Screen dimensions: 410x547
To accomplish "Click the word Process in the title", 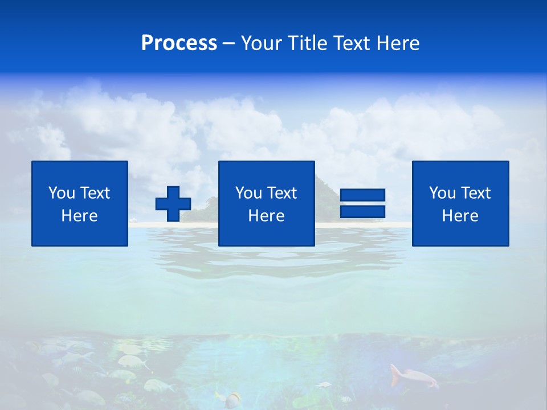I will click(179, 43).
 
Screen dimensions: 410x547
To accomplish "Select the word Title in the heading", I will click(307, 43).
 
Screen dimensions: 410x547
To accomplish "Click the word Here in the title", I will click(398, 43).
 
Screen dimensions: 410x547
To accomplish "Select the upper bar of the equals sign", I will click(362, 195).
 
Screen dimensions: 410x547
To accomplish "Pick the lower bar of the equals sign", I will click(362, 211).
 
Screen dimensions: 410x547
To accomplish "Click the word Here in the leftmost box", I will click(79, 216).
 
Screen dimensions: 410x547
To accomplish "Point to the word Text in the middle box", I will click(282, 193).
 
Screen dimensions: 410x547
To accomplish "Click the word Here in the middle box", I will click(266, 216).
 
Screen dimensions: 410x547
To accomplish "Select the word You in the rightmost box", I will click(442, 193).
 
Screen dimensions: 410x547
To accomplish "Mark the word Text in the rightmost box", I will click(476, 193).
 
